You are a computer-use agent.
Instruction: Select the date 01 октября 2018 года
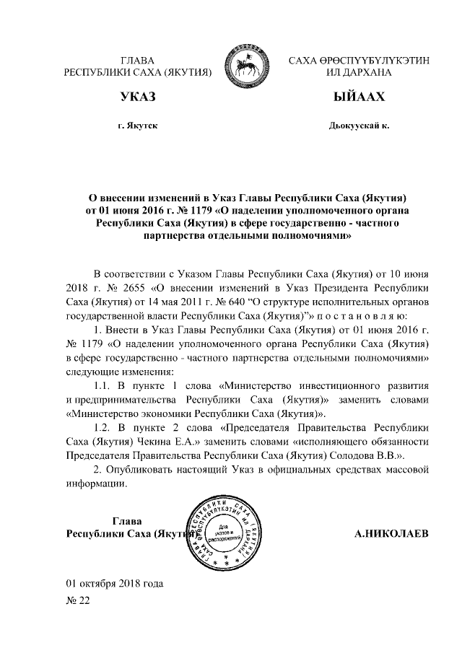click(x=115, y=582)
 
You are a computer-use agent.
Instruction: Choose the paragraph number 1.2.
click(x=105, y=428)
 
